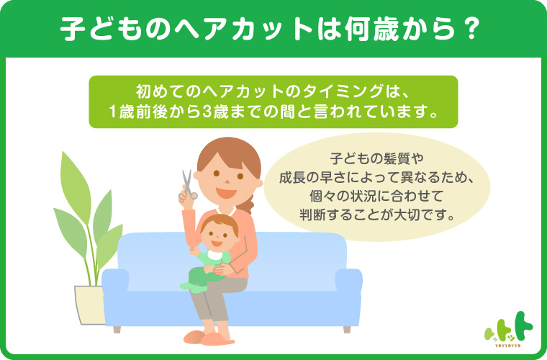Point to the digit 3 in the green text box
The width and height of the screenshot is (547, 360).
coord(207,112)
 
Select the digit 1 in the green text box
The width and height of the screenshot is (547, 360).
coord(113,112)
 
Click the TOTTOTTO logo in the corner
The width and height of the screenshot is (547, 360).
coord(509,329)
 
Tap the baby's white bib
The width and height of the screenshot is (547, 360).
coord(216,256)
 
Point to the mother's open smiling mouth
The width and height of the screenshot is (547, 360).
coord(226,192)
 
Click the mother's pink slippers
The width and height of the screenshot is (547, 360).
coord(209,338)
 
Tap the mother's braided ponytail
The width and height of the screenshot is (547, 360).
coord(249,203)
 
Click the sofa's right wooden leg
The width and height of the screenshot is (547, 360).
coord(347,330)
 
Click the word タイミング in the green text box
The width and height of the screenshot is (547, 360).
coord(343,92)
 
